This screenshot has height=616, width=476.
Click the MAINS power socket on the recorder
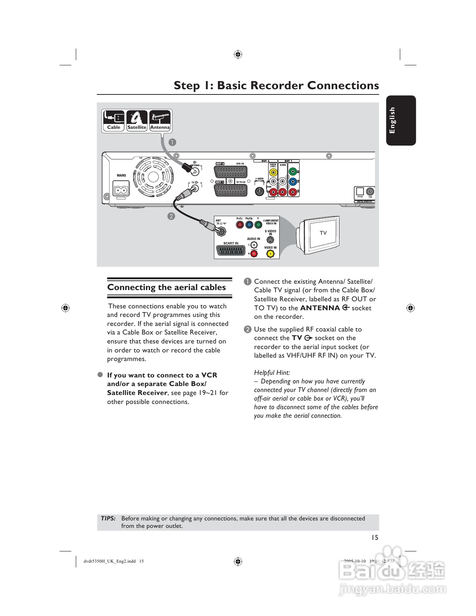point(121,189)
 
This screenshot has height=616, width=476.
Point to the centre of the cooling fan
point(153,177)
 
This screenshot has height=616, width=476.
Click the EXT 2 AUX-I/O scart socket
point(230,172)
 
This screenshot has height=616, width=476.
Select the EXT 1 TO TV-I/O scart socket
point(230,190)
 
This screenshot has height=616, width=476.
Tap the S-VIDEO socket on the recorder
point(259,192)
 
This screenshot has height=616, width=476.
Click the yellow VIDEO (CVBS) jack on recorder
point(273,172)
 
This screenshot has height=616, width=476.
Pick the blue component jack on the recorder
point(293,182)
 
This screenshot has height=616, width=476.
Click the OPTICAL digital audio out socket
point(360,191)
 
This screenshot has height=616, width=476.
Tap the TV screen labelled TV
point(323,233)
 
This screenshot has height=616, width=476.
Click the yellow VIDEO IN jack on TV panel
point(270,254)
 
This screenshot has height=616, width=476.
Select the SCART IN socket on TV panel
point(231,251)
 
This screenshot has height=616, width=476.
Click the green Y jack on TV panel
point(258,224)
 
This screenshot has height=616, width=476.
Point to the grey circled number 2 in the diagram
point(171,216)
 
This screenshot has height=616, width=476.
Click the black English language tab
point(401,120)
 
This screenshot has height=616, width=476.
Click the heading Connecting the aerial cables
point(167,287)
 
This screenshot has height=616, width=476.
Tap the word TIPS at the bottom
point(108,518)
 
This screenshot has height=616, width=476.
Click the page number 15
point(374,537)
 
